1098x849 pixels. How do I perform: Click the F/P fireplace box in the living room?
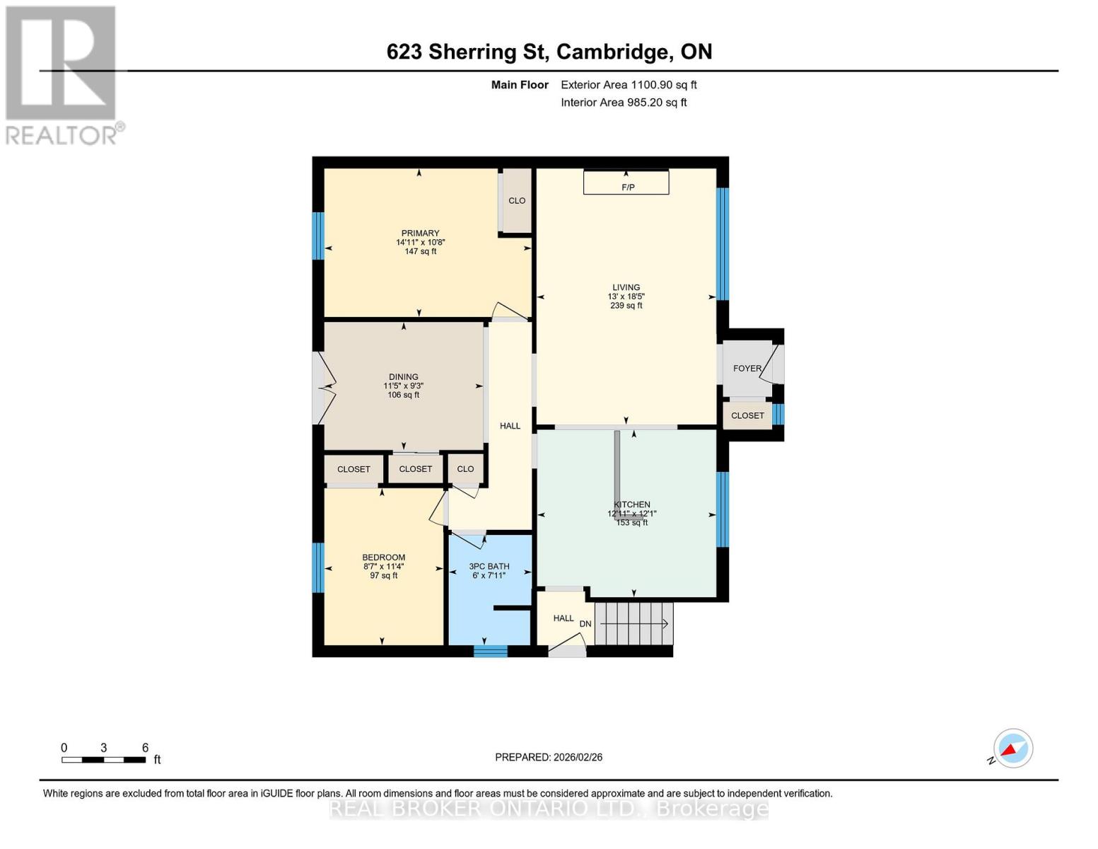[x=626, y=183]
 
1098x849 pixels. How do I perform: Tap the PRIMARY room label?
[x=420, y=233]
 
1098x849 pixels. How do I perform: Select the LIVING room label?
[x=626, y=288]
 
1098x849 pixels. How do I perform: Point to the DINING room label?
[x=403, y=377]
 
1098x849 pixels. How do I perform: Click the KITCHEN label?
[x=631, y=504]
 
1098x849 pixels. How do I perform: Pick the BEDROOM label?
[x=383, y=558]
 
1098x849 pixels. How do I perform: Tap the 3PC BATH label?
[x=489, y=567]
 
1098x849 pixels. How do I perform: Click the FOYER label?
[x=747, y=369]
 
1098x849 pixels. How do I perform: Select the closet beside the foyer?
[x=747, y=416]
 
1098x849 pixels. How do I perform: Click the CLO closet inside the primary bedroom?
[x=517, y=201]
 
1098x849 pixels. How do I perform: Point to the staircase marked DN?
[x=633, y=624]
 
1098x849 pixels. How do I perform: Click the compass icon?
[x=1012, y=749]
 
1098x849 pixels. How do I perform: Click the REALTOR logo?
[x=62, y=74]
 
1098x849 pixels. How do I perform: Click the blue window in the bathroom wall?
[x=490, y=651]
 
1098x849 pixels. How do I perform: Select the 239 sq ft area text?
[x=626, y=306]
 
